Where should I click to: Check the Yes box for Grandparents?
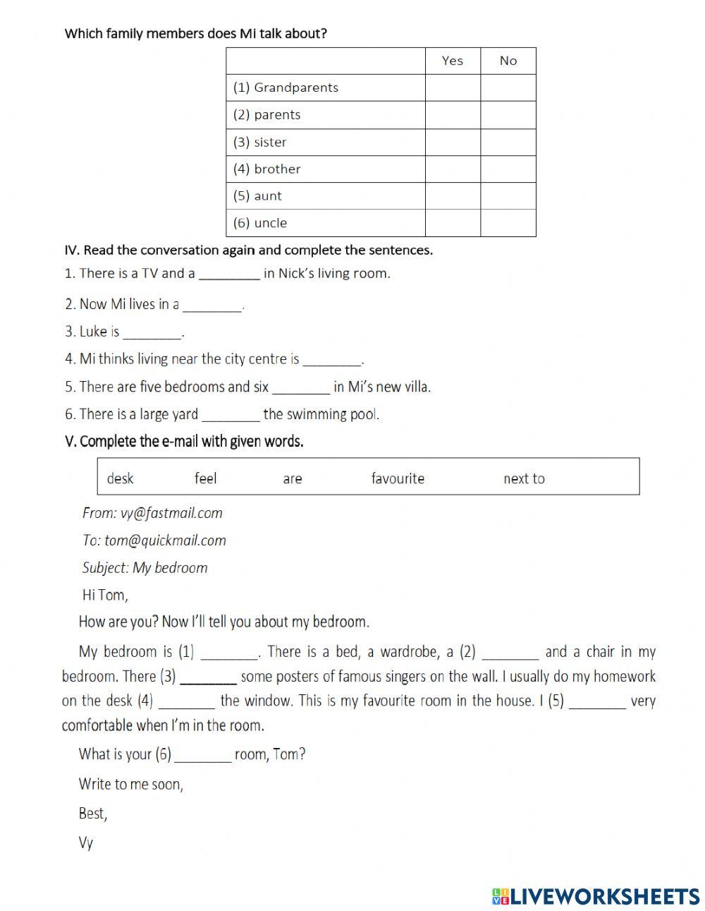(453, 88)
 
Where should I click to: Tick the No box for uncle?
(508, 223)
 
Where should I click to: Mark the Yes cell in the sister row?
(453, 142)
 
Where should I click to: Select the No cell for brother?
(508, 169)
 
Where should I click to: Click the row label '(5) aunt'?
(257, 196)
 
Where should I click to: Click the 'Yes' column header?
(453, 61)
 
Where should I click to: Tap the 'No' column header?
(508, 61)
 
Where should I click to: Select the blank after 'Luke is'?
(152, 332)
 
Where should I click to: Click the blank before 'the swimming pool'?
(231, 415)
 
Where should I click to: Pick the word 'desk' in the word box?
(120, 478)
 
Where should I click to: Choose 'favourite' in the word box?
(398, 478)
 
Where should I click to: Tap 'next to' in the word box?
(524, 478)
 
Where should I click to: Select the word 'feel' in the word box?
(205, 478)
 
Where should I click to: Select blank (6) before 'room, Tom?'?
(203, 755)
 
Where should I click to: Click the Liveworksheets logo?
(596, 896)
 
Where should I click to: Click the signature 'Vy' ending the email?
(86, 843)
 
